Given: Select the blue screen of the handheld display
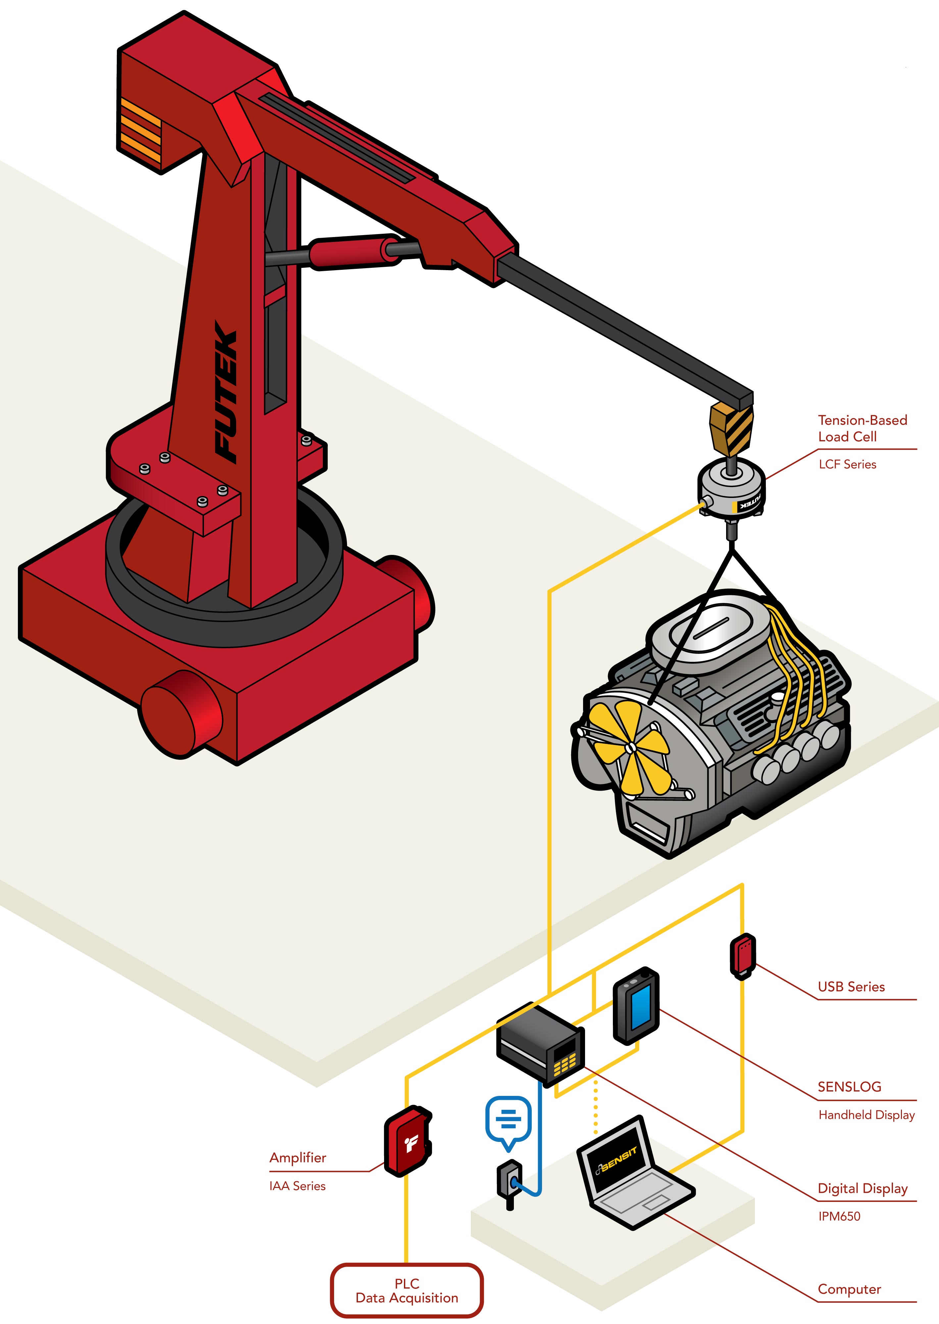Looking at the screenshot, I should click(641, 1006).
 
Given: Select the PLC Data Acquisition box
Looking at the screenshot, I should click(407, 1291).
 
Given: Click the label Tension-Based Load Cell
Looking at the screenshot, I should click(862, 428).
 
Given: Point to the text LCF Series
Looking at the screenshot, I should click(847, 464).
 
